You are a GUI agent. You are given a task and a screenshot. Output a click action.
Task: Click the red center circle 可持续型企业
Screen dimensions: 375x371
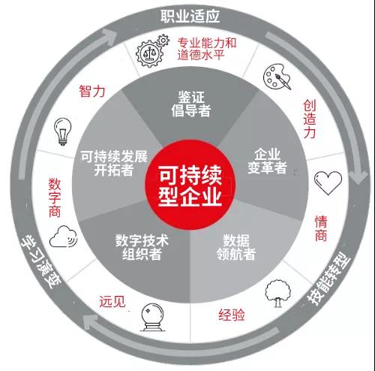click(190, 185)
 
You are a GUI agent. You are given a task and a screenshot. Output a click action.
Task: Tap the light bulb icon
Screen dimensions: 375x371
click(63, 131)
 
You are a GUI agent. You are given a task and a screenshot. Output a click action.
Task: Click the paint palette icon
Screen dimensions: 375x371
click(277, 77)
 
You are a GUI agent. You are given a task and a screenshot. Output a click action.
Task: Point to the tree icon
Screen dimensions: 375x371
click(278, 294)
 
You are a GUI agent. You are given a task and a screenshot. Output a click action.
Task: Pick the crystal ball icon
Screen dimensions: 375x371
click(152, 317)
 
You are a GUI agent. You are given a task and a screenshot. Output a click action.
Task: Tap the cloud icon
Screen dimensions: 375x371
click(63, 237)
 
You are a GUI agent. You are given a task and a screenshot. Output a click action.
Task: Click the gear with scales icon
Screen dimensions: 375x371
click(151, 51)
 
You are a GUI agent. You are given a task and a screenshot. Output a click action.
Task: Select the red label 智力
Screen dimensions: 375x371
click(92, 91)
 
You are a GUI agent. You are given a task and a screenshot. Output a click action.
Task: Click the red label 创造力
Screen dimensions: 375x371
click(310, 119)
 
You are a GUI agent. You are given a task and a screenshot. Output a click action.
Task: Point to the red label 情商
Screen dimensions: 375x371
click(321, 228)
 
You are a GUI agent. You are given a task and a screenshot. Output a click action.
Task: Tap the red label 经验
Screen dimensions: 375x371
click(232, 315)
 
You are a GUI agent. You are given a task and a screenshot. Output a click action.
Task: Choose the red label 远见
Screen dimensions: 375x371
click(112, 301)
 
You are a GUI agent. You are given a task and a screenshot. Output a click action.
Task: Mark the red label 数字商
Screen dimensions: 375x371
click(55, 198)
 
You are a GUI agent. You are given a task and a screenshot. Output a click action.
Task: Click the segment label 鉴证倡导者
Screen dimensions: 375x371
click(191, 104)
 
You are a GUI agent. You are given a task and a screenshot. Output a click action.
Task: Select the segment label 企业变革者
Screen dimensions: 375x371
click(267, 161)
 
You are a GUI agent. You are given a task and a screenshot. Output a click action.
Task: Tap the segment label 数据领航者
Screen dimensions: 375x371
click(236, 247)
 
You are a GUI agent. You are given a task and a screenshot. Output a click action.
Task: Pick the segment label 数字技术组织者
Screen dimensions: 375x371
click(142, 247)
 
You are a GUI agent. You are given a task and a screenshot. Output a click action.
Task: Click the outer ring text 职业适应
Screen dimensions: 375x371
click(190, 16)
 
